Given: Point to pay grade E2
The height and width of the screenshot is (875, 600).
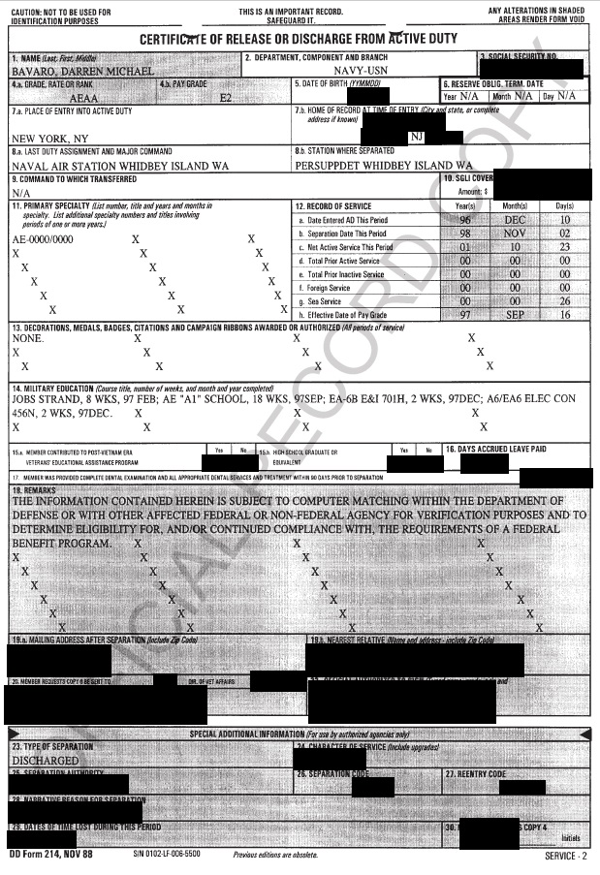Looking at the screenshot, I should click(227, 98).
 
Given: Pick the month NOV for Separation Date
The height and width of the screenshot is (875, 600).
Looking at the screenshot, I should click(514, 234).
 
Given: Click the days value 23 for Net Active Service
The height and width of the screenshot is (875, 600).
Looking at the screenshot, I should click(564, 247).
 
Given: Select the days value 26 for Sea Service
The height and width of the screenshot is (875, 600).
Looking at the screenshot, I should click(564, 301).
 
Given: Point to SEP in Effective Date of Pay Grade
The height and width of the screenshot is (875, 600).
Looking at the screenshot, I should click(514, 315).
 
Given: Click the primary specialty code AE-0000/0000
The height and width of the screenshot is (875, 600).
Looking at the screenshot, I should click(43, 238).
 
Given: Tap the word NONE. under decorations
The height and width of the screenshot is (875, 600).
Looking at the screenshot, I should click(28, 339).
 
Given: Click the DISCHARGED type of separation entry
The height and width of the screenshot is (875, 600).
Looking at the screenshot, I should click(46, 761).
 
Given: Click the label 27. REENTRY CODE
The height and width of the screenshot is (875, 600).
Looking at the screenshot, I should click(477, 775).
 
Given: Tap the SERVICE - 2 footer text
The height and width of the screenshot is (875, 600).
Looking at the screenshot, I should click(565, 857).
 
